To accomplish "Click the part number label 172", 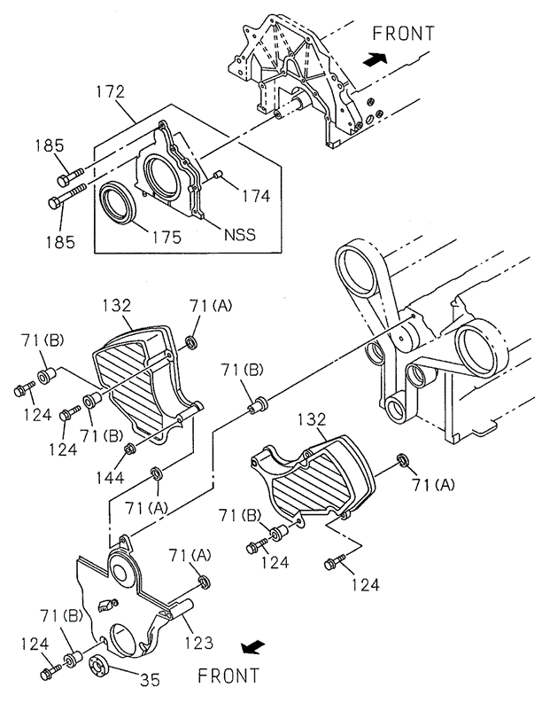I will click(111, 91).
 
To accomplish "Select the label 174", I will click(255, 196).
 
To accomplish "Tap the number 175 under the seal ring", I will click(166, 237).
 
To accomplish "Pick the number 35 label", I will click(150, 681).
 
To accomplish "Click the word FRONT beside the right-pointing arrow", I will click(403, 34).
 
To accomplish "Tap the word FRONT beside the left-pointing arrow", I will click(228, 676).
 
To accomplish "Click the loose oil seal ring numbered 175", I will click(118, 205).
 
